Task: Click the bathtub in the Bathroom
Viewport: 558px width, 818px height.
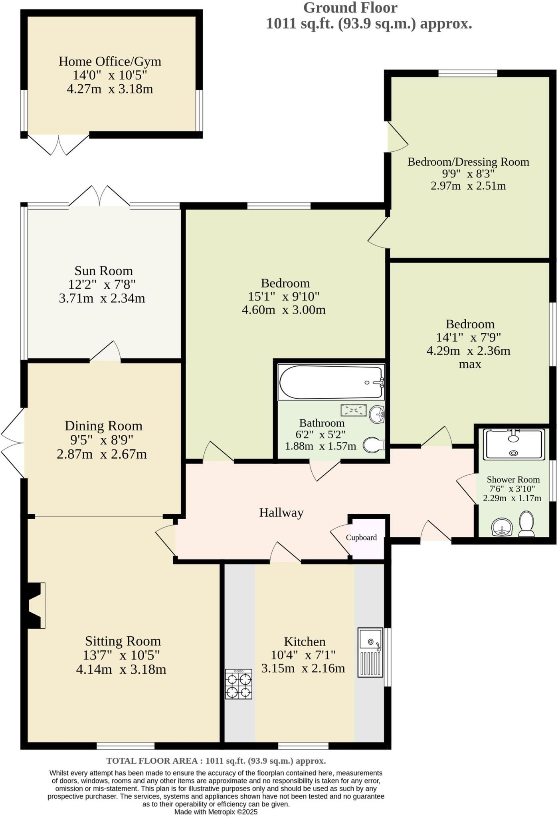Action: click(x=331, y=382)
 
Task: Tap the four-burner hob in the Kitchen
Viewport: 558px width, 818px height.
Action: click(x=239, y=685)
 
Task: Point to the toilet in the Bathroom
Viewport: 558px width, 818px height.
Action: click(x=374, y=445)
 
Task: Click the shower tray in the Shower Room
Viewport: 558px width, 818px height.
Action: click(x=514, y=444)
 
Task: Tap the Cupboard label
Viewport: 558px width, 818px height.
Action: click(x=361, y=538)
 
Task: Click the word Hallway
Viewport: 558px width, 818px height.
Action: click(x=281, y=512)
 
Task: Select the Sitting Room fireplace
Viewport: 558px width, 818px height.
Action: click(x=35, y=606)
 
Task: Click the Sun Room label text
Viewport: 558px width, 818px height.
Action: click(x=103, y=271)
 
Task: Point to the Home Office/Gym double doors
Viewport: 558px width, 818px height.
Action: click(x=58, y=146)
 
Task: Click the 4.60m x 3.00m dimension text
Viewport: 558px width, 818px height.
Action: click(x=284, y=310)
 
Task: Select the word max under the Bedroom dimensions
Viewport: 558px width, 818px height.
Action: click(x=470, y=364)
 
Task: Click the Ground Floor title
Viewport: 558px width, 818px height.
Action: click(x=350, y=8)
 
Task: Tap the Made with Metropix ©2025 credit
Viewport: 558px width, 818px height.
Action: click(x=216, y=812)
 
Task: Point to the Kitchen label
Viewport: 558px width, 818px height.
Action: click(x=305, y=642)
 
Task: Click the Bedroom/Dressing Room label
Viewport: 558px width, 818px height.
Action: click(x=468, y=162)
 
